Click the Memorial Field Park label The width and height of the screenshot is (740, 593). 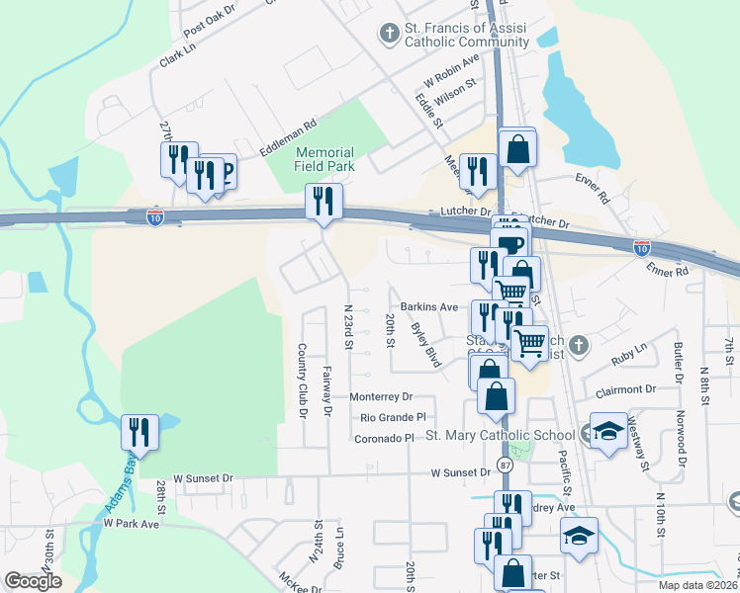(324, 159)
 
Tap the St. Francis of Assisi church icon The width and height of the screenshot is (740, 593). (389, 34)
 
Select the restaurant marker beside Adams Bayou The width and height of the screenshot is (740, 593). (139, 433)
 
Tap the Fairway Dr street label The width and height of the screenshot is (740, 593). (326, 390)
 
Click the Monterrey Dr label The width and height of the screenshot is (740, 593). (381, 395)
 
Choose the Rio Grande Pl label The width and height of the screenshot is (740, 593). (393, 417)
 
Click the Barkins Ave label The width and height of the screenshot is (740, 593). (429, 307)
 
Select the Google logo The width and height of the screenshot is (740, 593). (33, 581)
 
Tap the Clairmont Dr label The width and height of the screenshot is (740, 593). (623, 389)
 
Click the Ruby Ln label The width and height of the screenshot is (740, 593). (627, 349)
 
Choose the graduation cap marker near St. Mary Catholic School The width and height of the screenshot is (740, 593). (608, 431)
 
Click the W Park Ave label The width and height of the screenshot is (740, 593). (132, 522)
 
